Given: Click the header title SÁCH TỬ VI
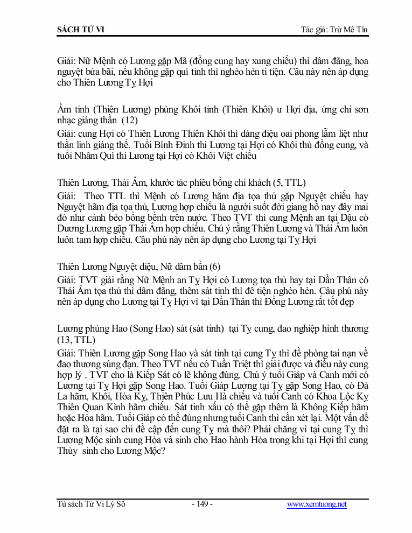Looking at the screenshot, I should pos(81,29).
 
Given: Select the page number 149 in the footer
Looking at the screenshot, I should pos(202,504).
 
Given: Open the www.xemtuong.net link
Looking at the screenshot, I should pos(317,504).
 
